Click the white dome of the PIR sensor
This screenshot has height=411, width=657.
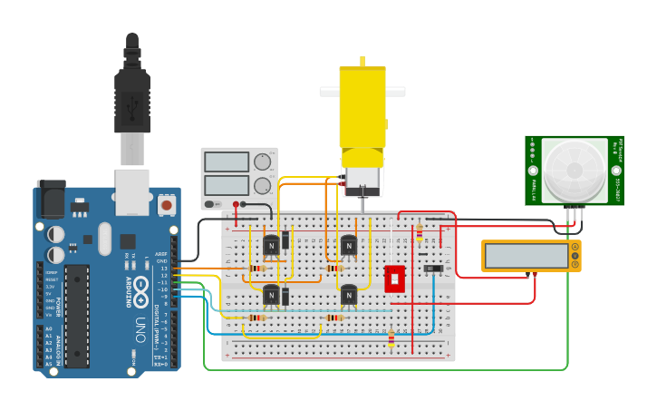(574, 171)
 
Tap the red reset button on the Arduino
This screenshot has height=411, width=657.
(166, 206)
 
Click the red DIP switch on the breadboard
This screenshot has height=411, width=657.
(395, 279)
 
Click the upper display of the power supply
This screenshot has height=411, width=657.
(227, 162)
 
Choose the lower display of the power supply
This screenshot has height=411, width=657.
(227, 185)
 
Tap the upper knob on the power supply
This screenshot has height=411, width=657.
(263, 162)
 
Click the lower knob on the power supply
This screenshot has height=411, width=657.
(263, 186)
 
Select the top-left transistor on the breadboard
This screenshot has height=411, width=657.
(272, 245)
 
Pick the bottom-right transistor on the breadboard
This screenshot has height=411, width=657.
(349, 294)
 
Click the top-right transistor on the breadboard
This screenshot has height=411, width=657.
(349, 245)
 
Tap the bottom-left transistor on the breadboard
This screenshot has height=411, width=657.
(272, 294)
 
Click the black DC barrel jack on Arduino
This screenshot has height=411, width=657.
(50, 198)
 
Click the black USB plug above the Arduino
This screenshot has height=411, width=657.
(131, 100)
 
